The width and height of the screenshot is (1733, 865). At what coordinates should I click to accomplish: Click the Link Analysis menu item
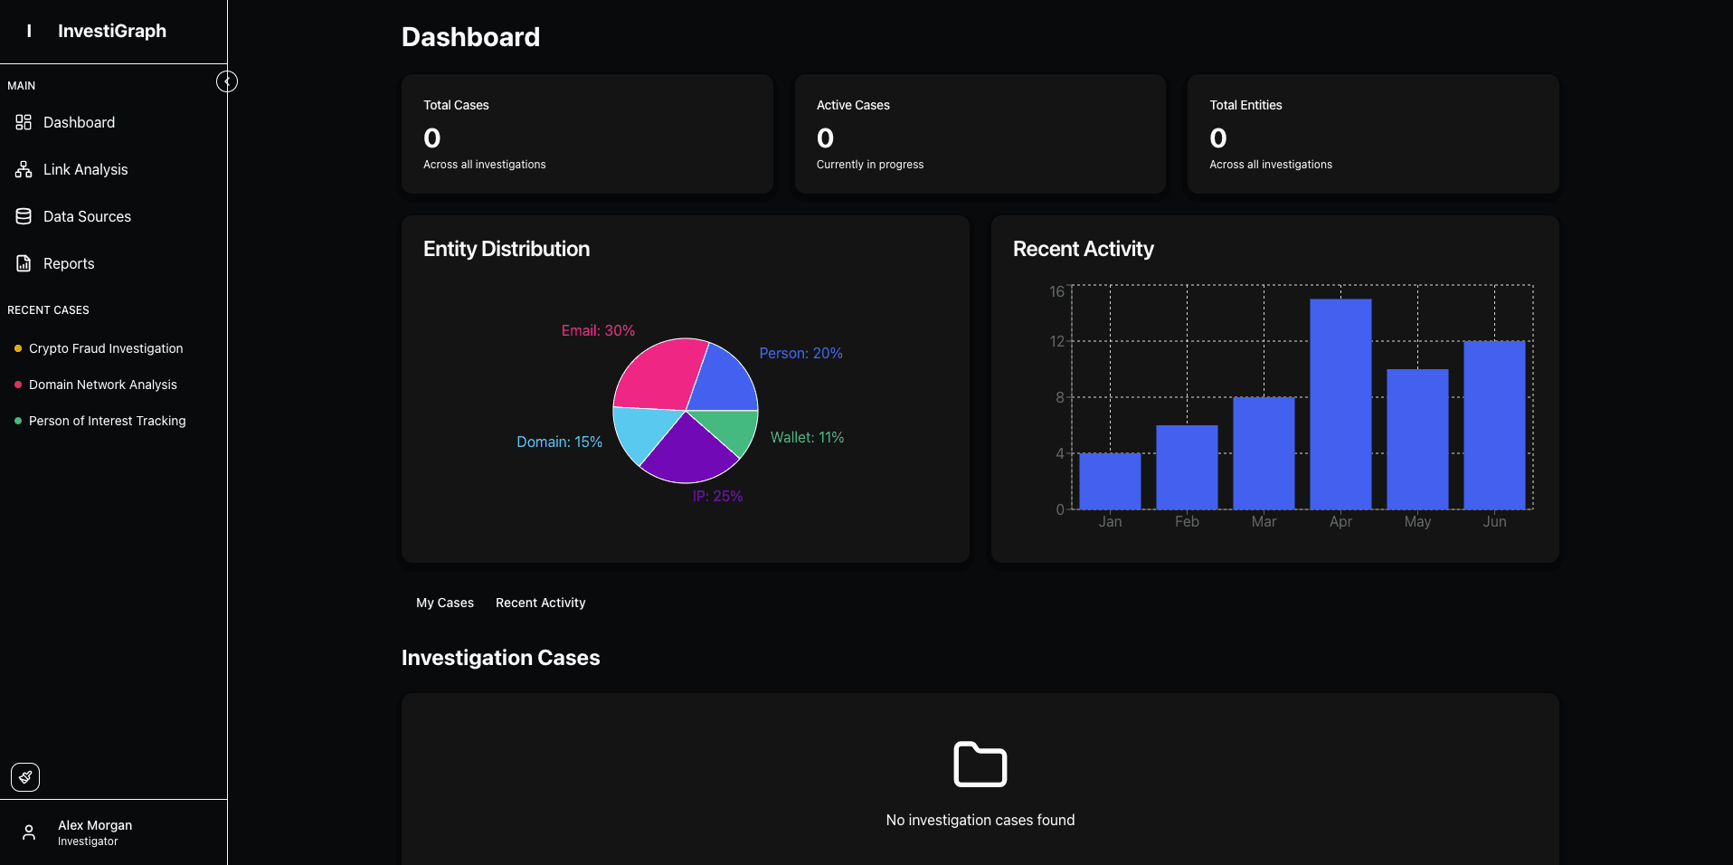pyautogui.click(x=72, y=169)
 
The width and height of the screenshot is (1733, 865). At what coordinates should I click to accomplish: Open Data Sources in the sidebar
pyautogui.click(x=73, y=216)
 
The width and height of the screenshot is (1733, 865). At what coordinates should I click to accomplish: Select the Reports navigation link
pyautogui.click(x=55, y=263)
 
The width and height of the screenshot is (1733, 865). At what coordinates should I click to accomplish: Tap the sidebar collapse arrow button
pyautogui.click(x=227, y=82)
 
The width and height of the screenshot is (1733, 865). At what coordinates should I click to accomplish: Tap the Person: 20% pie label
pyautogui.click(x=800, y=353)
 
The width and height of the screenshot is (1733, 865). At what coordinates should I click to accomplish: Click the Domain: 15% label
pyautogui.click(x=559, y=442)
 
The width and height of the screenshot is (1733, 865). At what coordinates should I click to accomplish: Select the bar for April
pyautogui.click(x=1340, y=404)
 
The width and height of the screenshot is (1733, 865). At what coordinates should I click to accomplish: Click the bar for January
pyautogui.click(x=1110, y=481)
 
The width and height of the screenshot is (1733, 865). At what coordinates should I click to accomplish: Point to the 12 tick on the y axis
pyautogui.click(x=1056, y=341)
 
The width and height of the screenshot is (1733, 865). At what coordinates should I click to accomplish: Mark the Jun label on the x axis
pyautogui.click(x=1494, y=521)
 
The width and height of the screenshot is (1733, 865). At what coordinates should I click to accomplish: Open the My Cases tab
pyautogui.click(x=445, y=603)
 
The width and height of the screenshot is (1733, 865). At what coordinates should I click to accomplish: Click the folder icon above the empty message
pyautogui.click(x=980, y=765)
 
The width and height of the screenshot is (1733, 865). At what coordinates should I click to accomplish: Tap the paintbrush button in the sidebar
pyautogui.click(x=25, y=777)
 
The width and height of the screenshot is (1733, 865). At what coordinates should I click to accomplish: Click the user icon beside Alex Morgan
pyautogui.click(x=29, y=832)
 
